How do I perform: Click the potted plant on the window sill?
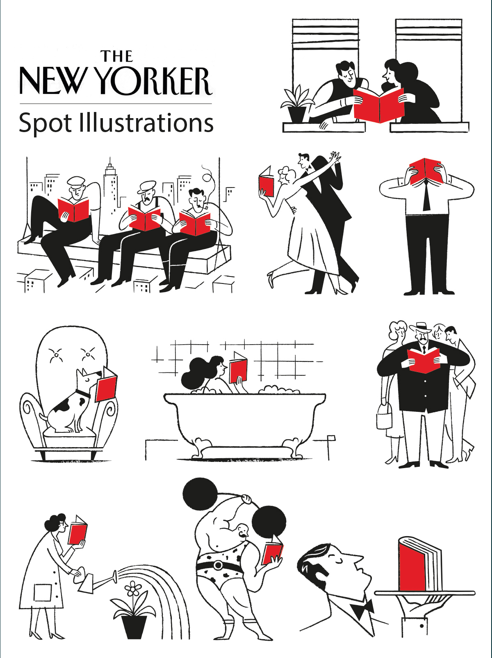295,104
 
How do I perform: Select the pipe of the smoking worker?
205,207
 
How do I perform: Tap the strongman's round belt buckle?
218,565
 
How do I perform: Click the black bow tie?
363,608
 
